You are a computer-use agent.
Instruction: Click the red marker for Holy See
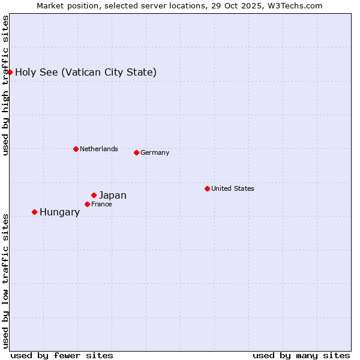(10, 72)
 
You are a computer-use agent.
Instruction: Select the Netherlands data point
(76, 149)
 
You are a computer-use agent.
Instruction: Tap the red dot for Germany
(136, 152)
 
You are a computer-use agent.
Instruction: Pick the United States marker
(207, 188)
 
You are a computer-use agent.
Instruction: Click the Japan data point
(94, 195)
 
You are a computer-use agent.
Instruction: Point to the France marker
(87, 204)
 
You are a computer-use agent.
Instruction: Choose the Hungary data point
(34, 212)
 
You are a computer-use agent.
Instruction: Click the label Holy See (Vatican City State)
(86, 73)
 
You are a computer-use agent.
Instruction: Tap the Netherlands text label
(99, 149)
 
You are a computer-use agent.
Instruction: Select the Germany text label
(155, 152)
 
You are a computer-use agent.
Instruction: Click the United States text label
(233, 188)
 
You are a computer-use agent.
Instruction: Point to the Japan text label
(113, 195)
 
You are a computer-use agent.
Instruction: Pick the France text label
(101, 204)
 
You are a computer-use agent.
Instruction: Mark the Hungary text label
(59, 212)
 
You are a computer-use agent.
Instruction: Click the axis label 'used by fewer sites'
(62, 355)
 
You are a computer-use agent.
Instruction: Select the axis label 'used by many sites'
(301, 355)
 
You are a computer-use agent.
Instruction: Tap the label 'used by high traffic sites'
(5, 85)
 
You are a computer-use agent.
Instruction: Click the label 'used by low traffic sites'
(5, 281)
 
